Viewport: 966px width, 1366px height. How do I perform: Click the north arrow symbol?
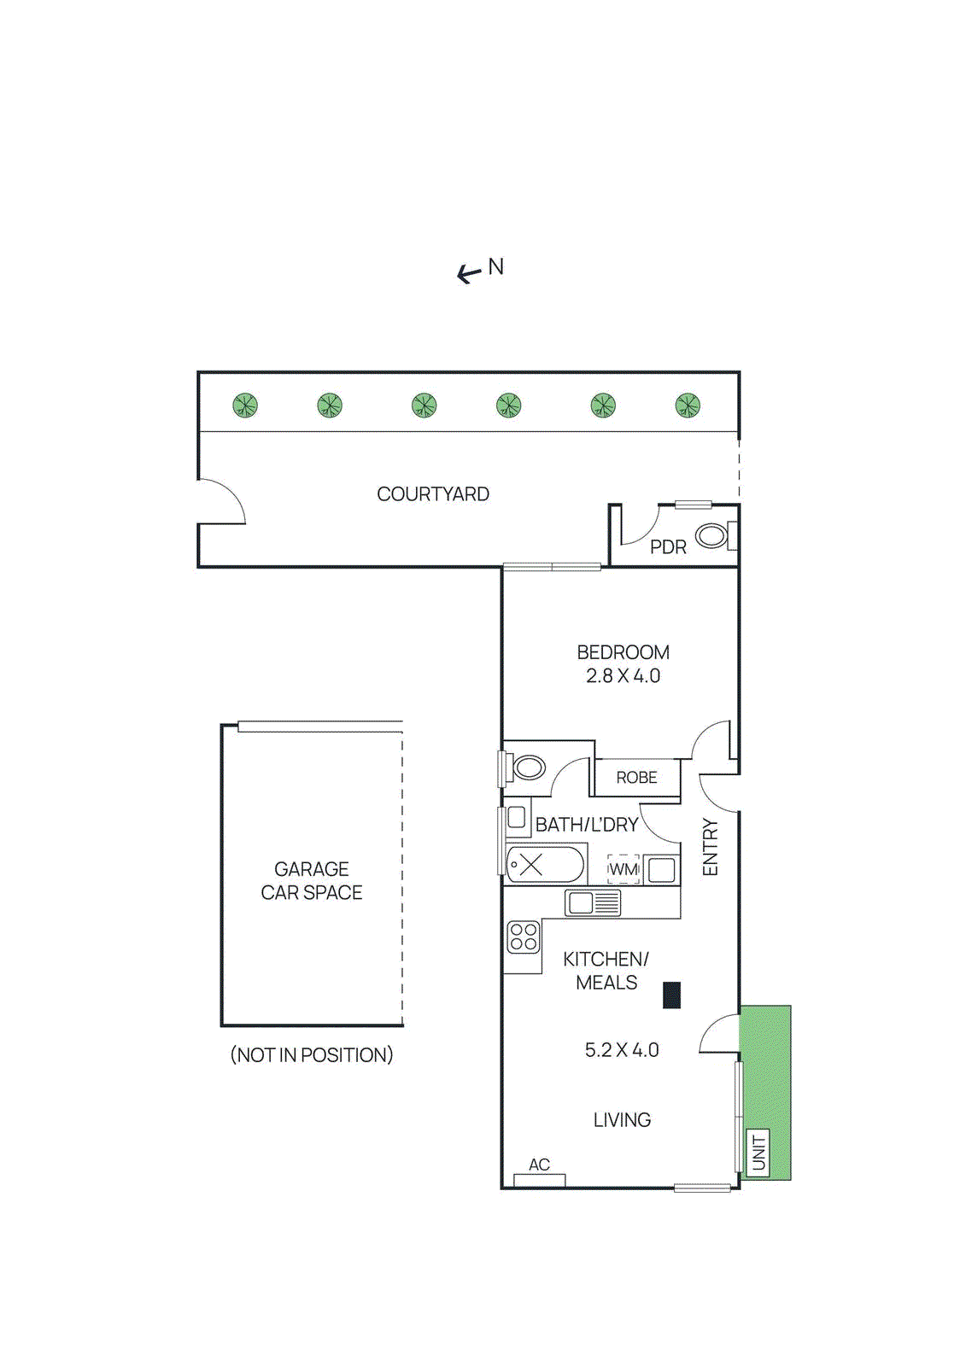(x=469, y=273)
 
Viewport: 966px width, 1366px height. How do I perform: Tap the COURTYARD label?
(x=433, y=494)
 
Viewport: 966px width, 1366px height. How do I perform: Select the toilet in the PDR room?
(x=711, y=537)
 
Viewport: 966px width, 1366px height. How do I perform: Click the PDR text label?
(x=668, y=547)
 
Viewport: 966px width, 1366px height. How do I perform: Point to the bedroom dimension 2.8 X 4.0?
(x=623, y=676)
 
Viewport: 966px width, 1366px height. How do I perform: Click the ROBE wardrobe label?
(x=636, y=778)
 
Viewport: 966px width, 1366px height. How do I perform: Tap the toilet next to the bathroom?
(x=528, y=767)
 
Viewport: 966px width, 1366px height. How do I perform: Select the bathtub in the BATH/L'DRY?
(x=545, y=865)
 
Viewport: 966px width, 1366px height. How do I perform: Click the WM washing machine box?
(x=624, y=869)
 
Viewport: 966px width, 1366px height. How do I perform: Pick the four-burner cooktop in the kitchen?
(x=523, y=937)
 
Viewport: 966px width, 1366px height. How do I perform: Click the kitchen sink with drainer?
(x=593, y=902)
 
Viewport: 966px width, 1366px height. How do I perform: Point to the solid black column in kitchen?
(x=672, y=995)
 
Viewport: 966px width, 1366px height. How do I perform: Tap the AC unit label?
(x=539, y=1165)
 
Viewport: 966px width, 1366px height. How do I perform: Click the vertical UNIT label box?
(x=758, y=1153)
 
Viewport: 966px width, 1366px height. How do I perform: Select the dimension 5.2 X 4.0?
(x=622, y=1050)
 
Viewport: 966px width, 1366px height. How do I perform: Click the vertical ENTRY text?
(x=710, y=847)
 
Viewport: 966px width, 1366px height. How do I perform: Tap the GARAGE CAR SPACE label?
(x=312, y=880)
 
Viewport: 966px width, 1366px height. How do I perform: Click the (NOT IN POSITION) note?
(x=312, y=1055)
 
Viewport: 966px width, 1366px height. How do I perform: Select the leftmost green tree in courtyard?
(x=245, y=405)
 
